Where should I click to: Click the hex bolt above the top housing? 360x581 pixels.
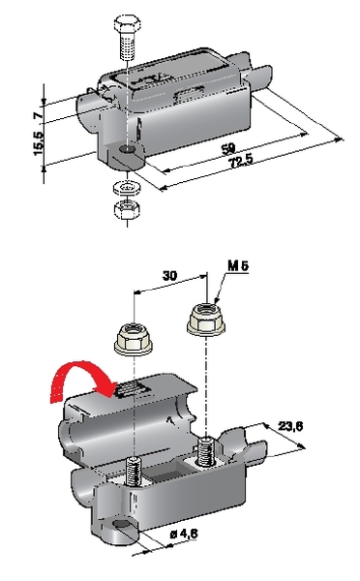click(x=127, y=36)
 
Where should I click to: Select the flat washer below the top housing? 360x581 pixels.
click(x=127, y=187)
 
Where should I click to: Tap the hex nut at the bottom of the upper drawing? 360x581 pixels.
click(x=127, y=210)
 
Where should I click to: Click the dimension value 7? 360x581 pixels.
click(x=38, y=115)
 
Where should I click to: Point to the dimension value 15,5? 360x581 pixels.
click(x=38, y=142)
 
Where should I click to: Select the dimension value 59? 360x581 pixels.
click(x=228, y=149)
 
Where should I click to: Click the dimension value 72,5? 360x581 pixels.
click(x=240, y=162)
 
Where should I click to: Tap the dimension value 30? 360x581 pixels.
click(x=170, y=276)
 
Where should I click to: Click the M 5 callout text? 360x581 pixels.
click(x=238, y=265)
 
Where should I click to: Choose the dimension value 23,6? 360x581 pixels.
click(x=290, y=426)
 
